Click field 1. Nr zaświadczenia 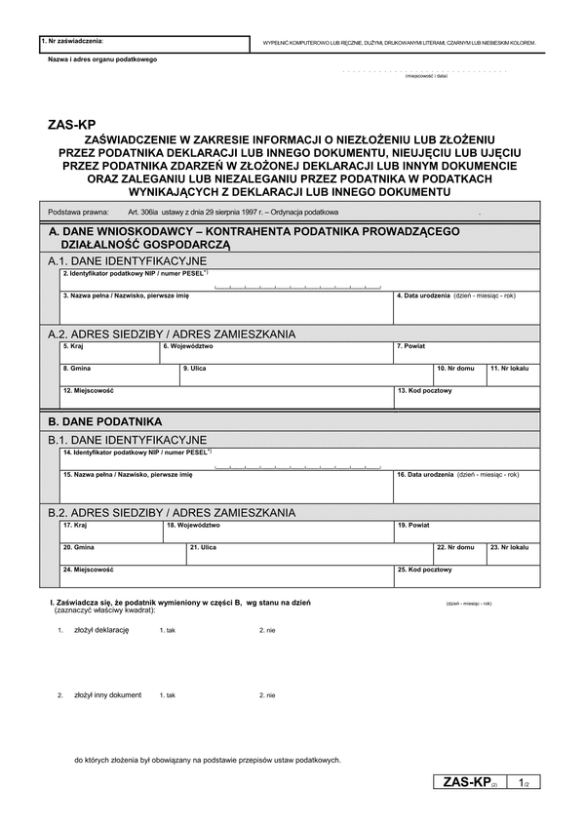point(144,44)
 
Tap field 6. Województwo point(276,353)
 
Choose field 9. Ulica point(306,375)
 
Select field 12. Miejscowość point(225,397)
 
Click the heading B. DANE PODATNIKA point(105,421)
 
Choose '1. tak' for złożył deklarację point(167,631)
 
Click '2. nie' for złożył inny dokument point(267,695)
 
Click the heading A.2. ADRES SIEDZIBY point(172,334)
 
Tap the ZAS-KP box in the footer point(469,782)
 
